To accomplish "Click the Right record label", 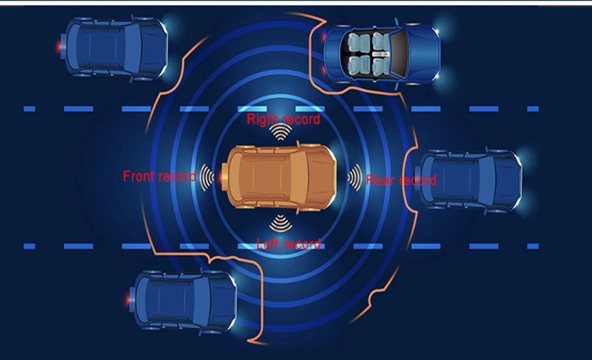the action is (284, 120).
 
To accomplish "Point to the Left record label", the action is (288, 244).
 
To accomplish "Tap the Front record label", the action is (159, 176).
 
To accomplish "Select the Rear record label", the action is (401, 180).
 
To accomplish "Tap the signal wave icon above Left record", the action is (280, 223).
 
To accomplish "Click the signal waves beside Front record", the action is (207, 176).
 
